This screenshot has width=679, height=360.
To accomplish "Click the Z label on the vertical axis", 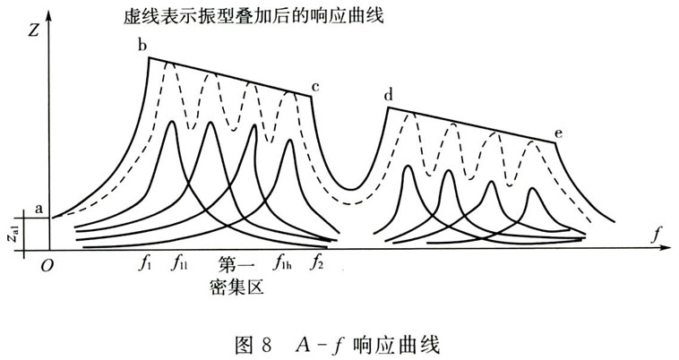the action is [x=34, y=30].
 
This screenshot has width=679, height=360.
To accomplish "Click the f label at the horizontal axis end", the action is [x=657, y=236].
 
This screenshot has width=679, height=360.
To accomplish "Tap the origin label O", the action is [x=47, y=266].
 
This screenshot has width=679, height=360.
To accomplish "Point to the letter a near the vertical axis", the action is [x=39, y=210].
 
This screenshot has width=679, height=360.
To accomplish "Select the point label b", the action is [x=142, y=45].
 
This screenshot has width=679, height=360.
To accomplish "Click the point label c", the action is [x=315, y=88].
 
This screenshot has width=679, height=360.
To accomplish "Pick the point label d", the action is [x=389, y=94].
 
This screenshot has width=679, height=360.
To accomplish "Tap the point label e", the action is [x=559, y=133].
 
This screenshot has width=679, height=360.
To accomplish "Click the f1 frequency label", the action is [x=144, y=263].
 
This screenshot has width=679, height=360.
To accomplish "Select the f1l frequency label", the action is [x=179, y=263].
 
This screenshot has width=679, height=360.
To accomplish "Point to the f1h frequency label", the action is [x=282, y=262].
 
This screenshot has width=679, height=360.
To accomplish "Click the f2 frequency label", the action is [x=316, y=262].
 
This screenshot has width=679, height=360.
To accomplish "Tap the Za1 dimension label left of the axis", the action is [x=14, y=234].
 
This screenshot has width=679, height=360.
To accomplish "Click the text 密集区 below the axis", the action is [x=236, y=287].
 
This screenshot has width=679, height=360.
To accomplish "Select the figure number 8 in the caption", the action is [x=266, y=346].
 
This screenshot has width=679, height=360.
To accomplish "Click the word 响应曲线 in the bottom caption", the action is [x=396, y=346].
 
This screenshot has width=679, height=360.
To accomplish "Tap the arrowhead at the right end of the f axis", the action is [x=663, y=248].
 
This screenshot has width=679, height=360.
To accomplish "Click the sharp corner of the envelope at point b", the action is [x=149, y=57].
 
